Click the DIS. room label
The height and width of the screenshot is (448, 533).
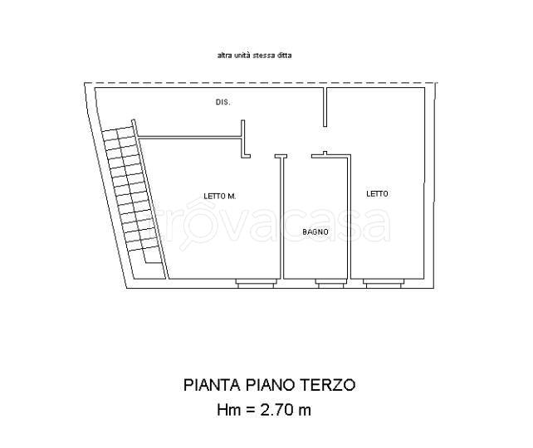pyautogui.click(x=223, y=102)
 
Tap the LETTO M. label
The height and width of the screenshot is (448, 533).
pyautogui.click(x=219, y=196)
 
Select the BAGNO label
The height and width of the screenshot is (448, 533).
pyautogui.click(x=315, y=232)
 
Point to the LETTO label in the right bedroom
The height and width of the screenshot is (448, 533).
pyautogui.click(x=377, y=193)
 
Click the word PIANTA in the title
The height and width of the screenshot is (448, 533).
pyautogui.click(x=212, y=385)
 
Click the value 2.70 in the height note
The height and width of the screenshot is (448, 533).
pyautogui.click(x=276, y=410)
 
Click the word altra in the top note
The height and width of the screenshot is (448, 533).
pyautogui.click(x=223, y=55)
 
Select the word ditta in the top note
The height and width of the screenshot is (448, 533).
pyautogui.click(x=284, y=55)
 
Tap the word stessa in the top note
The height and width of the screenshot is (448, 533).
pyautogui.click(x=264, y=55)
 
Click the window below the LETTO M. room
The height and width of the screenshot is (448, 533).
pyautogui.click(x=256, y=284)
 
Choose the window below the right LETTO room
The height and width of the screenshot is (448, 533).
pyautogui.click(x=384, y=284)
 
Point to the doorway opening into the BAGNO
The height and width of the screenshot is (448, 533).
pyautogui.click(x=299, y=156)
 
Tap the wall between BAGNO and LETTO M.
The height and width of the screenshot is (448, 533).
pyautogui.click(x=281, y=217)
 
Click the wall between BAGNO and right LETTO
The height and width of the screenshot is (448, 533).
pyautogui.click(x=349, y=217)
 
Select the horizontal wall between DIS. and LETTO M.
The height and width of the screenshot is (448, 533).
pyautogui.click(x=189, y=137)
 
